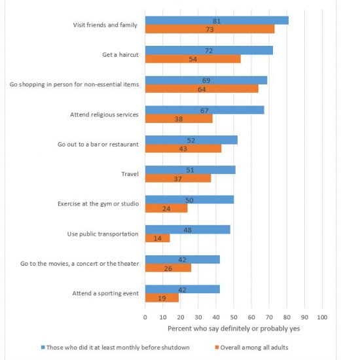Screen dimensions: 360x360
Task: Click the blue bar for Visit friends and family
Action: pyautogui.click(x=217, y=20)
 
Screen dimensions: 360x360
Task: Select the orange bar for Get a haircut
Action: pyautogui.click(x=193, y=59)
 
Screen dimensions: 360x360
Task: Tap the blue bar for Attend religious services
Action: pyautogui.click(x=205, y=110)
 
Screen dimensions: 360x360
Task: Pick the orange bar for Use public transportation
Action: pyautogui.click(x=158, y=238)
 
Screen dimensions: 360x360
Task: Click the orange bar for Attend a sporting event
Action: pyautogui.click(x=162, y=298)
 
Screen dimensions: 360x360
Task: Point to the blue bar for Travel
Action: pyautogui.click(x=190, y=170)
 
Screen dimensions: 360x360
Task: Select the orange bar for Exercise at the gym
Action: pyautogui.click(x=166, y=208)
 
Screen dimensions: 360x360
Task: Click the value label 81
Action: pyautogui.click(x=217, y=21)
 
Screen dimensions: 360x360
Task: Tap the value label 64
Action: pyautogui.click(x=202, y=89)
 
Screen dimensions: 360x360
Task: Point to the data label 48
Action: pyautogui.click(x=187, y=230)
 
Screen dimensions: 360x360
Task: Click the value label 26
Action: pyautogui.click(x=168, y=268)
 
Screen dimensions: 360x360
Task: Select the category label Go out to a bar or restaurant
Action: pyautogui.click(x=98, y=144)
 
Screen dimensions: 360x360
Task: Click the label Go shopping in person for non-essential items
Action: pyautogui.click(x=74, y=84)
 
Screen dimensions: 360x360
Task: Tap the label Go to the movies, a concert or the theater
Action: pyautogui.click(x=80, y=264)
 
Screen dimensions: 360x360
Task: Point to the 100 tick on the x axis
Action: pyautogui.click(x=322, y=317)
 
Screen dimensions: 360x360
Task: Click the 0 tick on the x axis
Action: pyautogui.click(x=145, y=317)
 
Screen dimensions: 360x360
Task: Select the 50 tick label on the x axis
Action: pyautogui.click(x=234, y=317)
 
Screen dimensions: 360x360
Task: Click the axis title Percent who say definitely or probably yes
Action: pyautogui.click(x=234, y=329)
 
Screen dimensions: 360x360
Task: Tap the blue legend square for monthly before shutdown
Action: pyautogui.click(x=43, y=348)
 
